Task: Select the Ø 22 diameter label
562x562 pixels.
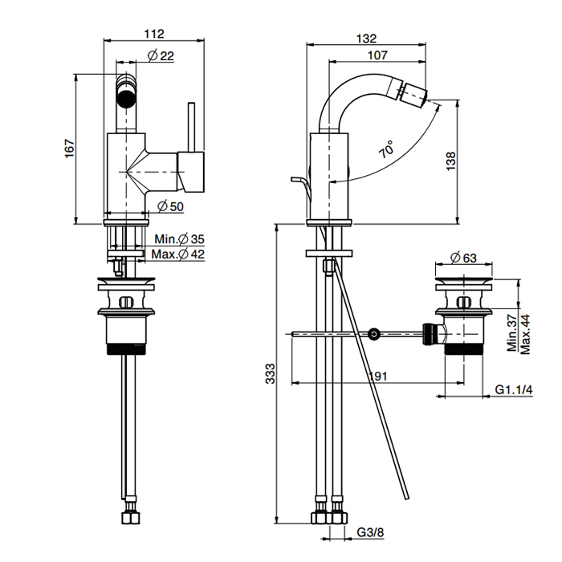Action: tap(161, 55)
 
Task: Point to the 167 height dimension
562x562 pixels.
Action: tap(69, 149)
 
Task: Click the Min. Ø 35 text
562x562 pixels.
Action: tap(181, 239)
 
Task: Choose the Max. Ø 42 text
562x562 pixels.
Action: tap(180, 255)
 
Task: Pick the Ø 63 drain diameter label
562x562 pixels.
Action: tap(464, 258)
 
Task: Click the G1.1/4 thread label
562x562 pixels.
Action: tap(513, 391)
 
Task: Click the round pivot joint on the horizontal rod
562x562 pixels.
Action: tap(373, 333)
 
